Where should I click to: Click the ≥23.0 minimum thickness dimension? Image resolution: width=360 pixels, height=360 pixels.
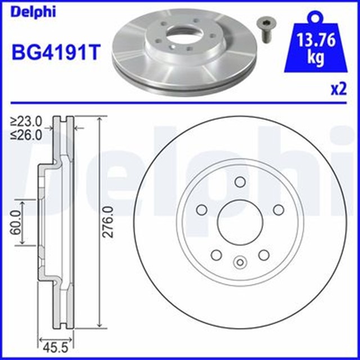[x=26, y=120]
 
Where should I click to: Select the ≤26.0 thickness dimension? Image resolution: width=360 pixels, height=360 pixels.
[x=26, y=134]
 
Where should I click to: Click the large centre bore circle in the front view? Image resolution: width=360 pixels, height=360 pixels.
[x=239, y=221]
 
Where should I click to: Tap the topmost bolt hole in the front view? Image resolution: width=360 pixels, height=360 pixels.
[x=239, y=182]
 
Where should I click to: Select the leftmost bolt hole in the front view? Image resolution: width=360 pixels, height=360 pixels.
[x=201, y=209]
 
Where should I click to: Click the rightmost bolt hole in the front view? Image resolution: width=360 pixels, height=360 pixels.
[x=277, y=209]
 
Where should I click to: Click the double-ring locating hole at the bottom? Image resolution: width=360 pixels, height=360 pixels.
[x=239, y=262]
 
